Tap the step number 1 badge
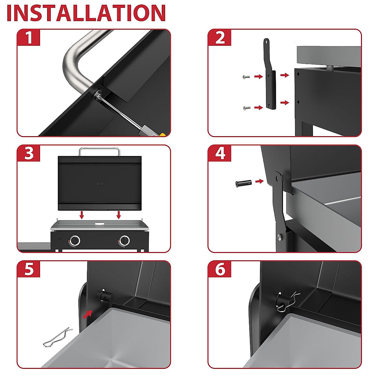point(29,37)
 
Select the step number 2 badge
point(220,37)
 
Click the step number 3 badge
point(29,153)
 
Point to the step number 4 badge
point(220,153)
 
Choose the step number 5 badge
point(29,269)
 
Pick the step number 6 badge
point(220,269)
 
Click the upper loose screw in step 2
point(246,77)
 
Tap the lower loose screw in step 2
point(247,108)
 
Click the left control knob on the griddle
point(75,240)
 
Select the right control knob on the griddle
point(125,240)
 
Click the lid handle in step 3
point(99,151)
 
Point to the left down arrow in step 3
point(82,215)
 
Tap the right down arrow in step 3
point(118,215)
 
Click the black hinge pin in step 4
point(244,183)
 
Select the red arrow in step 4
point(260,181)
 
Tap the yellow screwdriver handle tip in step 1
point(163,135)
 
